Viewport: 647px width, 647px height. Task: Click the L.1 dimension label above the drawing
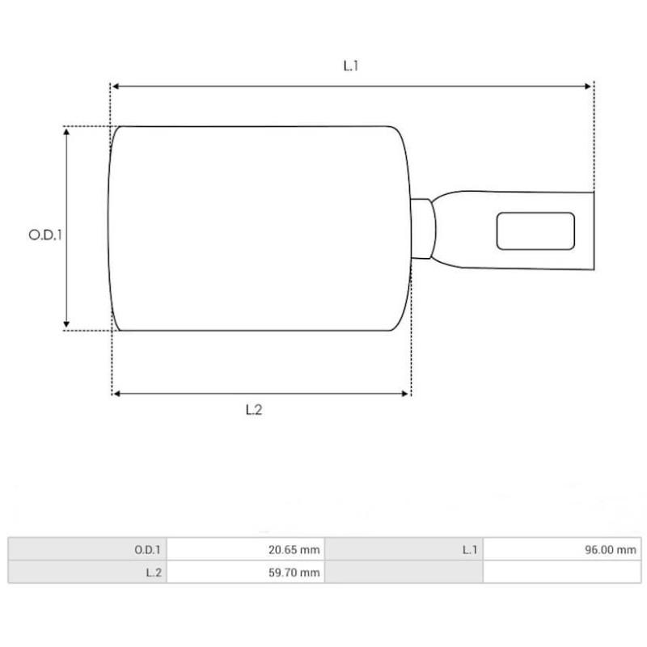point(350,66)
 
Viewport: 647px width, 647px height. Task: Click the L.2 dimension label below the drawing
point(254,410)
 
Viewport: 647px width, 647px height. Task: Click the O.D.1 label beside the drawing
point(45,235)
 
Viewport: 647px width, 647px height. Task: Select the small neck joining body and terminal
point(422,228)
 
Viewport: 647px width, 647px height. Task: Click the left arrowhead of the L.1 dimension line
point(116,85)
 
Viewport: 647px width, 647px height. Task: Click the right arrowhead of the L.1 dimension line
point(589,85)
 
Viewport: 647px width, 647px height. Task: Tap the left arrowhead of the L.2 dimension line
point(117,394)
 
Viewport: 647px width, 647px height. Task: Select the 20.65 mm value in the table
point(294,550)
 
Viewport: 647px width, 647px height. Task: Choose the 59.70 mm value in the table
point(294,573)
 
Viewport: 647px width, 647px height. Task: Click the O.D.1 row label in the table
point(148,550)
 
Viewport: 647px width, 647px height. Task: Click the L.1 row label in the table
point(470,550)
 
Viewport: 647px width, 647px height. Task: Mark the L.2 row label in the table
point(153,573)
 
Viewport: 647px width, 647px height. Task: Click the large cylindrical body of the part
point(259,228)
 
